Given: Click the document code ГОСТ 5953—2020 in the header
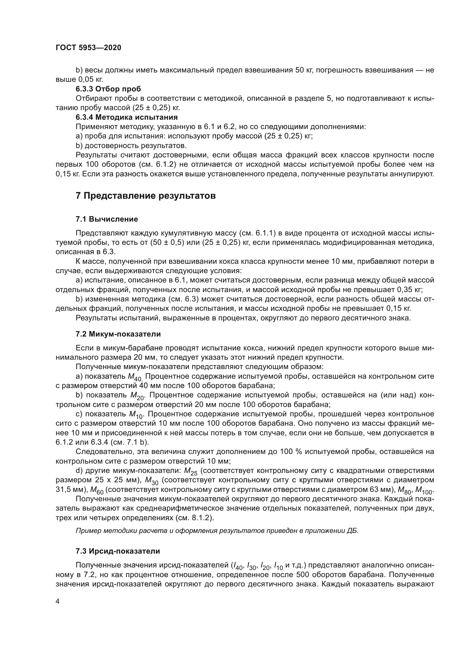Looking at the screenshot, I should point(88,48).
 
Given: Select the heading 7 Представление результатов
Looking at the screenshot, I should point(145,196).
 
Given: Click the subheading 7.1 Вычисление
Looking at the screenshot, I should point(107,219).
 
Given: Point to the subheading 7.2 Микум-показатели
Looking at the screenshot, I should point(118,334).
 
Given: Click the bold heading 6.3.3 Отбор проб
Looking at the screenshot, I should point(108,89).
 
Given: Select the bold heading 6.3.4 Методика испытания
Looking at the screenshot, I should point(126,117).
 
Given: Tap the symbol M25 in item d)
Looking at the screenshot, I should point(190,472).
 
